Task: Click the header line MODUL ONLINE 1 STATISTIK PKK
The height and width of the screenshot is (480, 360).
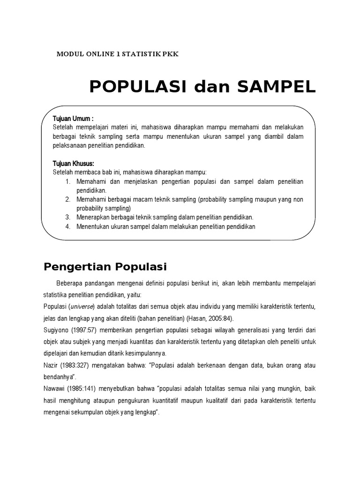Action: pyautogui.click(x=118, y=54)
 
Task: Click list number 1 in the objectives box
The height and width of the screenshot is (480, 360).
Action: pyautogui.click(x=67, y=181)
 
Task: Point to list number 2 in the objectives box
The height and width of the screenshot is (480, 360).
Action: pyautogui.click(x=67, y=200)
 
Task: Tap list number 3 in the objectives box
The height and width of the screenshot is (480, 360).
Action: pyautogui.click(x=67, y=217)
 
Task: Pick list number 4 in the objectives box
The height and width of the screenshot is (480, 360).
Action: pyautogui.click(x=67, y=227)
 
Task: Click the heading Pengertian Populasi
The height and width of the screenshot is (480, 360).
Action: pyautogui.click(x=105, y=267)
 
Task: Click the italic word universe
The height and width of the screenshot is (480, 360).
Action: pyautogui.click(x=82, y=307)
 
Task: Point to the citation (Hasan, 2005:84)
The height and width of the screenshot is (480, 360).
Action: pyautogui.click(x=220, y=318)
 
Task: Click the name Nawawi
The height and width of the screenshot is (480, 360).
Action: pyautogui.click(x=54, y=388)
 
